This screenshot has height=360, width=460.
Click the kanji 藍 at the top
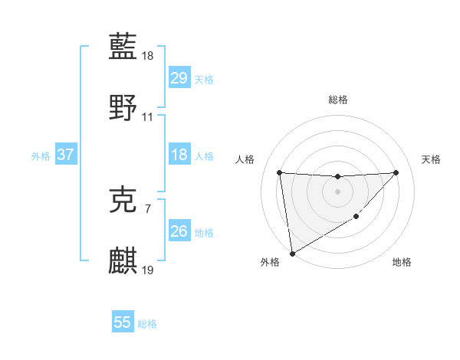point(123,48)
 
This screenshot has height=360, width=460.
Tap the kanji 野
point(123,106)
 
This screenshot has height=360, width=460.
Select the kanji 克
point(123,201)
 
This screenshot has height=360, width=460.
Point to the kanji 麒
point(123,260)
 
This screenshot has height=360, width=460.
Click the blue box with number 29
point(179,78)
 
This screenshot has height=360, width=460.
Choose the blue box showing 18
point(179,155)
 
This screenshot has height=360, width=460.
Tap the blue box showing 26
point(179,231)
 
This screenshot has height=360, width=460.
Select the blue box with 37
point(65,155)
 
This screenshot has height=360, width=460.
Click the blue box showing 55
point(123,322)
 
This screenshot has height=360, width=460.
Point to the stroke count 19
point(148,270)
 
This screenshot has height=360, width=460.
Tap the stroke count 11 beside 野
point(148,116)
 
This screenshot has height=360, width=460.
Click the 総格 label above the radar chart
point(337,100)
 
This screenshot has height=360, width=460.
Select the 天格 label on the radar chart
point(431,159)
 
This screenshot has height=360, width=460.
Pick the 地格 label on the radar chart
point(402,262)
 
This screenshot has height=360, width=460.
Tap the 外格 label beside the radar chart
point(270,262)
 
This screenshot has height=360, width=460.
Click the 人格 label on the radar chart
point(245,159)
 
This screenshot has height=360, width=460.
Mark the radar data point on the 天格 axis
point(396,172)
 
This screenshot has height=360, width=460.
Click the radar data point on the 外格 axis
point(292,253)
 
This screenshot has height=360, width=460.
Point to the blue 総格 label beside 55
point(147,324)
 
